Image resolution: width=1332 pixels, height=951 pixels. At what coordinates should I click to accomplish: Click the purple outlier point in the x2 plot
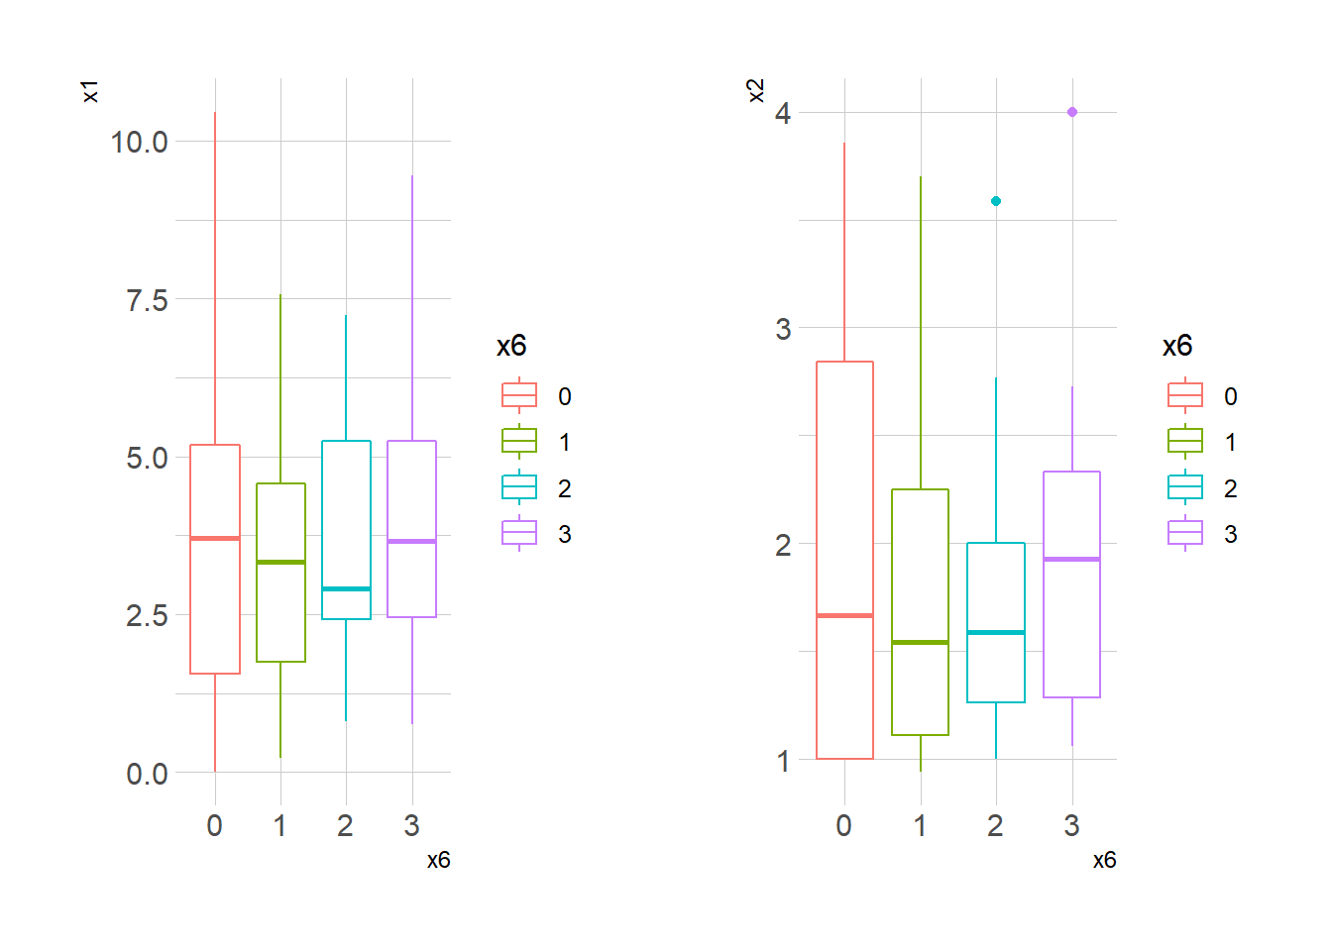tap(1072, 112)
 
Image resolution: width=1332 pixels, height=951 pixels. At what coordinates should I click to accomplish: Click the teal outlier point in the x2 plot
tap(996, 201)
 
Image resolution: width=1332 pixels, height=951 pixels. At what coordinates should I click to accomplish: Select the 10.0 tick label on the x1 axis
tap(140, 142)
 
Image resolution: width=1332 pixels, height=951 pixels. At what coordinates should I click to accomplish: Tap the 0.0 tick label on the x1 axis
tap(147, 774)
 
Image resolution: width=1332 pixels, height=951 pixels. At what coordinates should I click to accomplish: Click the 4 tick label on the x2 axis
tap(783, 113)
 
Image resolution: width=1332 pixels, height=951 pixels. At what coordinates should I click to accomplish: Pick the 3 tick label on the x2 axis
tap(783, 329)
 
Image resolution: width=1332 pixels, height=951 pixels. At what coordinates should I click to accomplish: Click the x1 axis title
tap(90, 92)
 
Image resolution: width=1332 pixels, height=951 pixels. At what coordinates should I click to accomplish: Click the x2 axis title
tap(756, 91)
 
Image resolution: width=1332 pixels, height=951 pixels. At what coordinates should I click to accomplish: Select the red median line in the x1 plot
tap(215, 538)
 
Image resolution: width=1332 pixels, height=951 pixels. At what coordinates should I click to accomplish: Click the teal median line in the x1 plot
tap(346, 588)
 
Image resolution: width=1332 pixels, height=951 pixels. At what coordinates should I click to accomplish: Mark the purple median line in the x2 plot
tap(1071, 559)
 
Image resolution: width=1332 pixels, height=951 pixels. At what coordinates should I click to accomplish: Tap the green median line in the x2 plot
tap(920, 642)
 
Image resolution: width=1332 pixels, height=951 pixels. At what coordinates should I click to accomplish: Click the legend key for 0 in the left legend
tap(519, 395)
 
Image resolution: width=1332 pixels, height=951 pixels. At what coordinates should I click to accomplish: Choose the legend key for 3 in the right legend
tap(1185, 534)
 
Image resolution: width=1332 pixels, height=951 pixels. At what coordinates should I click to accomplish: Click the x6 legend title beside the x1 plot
tap(511, 346)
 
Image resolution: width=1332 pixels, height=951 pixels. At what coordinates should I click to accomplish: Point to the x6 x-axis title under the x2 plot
tap(1104, 860)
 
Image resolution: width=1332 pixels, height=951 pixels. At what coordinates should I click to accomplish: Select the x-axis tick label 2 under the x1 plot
tap(345, 825)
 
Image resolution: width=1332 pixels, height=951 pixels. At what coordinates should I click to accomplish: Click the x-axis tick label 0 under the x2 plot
tap(843, 825)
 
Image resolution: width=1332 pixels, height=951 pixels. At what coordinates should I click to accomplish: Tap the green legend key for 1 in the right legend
tap(1185, 442)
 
